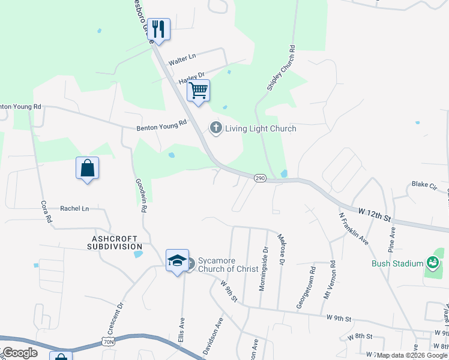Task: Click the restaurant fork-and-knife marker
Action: point(158,29)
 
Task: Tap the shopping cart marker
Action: point(198,91)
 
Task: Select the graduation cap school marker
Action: point(177,260)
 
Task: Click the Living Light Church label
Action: point(261,128)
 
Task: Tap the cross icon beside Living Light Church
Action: point(215,128)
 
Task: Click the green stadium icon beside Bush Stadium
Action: point(432,262)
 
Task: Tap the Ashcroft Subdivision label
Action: point(115,242)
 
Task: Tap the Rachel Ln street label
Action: point(74,209)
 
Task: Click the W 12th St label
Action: point(375,212)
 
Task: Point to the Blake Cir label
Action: point(423,184)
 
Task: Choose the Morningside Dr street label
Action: point(263,268)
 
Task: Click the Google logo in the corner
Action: point(19,353)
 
